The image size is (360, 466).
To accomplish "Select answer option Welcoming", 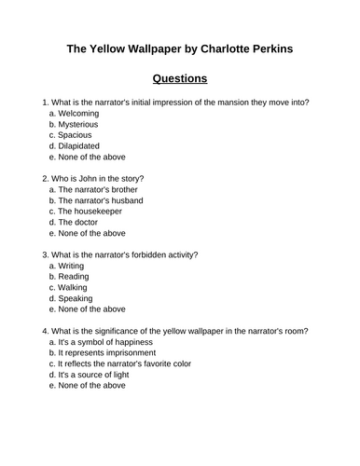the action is tap(78, 113).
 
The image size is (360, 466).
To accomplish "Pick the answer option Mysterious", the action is tap(78, 124).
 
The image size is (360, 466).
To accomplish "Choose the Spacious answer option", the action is tap(76, 135).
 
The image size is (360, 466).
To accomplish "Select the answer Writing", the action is tap(71, 266).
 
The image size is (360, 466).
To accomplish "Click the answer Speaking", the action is tap(76, 299).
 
